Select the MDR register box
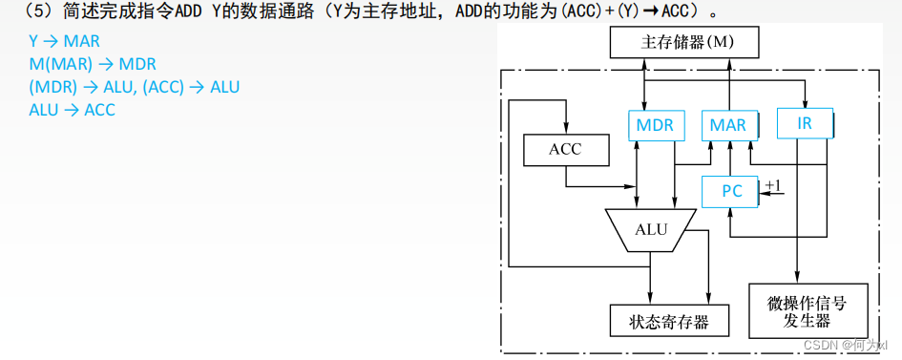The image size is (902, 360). [x=655, y=124]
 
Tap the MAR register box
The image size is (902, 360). [x=728, y=124]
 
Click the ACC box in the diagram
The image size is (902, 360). [x=565, y=149]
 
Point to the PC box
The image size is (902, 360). [x=731, y=191]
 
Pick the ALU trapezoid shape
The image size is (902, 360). [x=651, y=229]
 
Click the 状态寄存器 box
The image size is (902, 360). [x=669, y=321]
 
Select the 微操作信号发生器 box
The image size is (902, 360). [x=808, y=310]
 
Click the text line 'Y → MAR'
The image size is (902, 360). [x=64, y=42]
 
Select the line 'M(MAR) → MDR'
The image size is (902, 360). [x=93, y=65]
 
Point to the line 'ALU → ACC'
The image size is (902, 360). [x=72, y=110]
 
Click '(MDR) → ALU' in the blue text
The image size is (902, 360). [x=80, y=87]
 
